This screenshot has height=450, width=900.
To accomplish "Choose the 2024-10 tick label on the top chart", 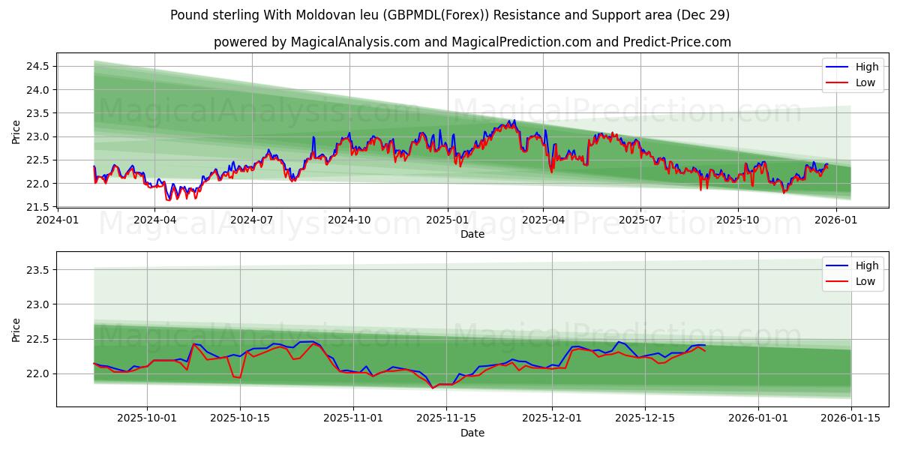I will [x=349, y=220].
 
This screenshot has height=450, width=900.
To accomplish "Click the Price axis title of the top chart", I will [x=16, y=132].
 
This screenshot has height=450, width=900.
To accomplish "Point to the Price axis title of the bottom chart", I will [x=16, y=329].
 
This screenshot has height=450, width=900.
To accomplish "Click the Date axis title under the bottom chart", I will [x=472, y=433].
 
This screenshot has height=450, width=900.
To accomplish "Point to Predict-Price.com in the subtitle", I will [x=677, y=42].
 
